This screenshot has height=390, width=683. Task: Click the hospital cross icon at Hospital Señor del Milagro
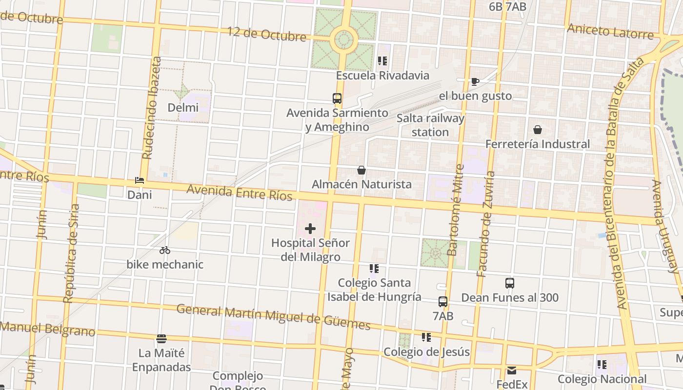point(310,228)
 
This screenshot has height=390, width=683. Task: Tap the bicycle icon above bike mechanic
point(165,250)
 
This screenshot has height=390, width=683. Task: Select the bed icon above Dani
point(140,180)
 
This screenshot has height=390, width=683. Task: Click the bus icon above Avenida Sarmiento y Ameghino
point(337,98)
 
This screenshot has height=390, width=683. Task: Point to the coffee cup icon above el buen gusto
point(475,81)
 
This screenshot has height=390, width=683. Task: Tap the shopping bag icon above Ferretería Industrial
point(537,130)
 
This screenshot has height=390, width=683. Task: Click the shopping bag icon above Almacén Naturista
point(362,170)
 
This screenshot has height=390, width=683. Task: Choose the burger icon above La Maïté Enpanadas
point(161,338)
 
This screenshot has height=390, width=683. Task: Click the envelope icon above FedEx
point(512,370)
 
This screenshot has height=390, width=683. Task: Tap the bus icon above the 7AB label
point(443,302)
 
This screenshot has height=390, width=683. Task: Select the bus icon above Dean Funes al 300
point(510,283)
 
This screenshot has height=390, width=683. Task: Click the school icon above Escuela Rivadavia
point(382,61)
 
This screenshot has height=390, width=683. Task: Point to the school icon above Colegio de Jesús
point(426,337)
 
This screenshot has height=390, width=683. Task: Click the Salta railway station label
point(430,125)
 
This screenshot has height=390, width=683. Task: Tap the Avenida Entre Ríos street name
point(240,192)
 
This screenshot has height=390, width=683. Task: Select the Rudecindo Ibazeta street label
point(151,108)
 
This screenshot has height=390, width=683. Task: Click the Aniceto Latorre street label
point(610,31)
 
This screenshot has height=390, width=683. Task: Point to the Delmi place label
point(183,107)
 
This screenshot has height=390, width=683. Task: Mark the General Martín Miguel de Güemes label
point(273,316)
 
